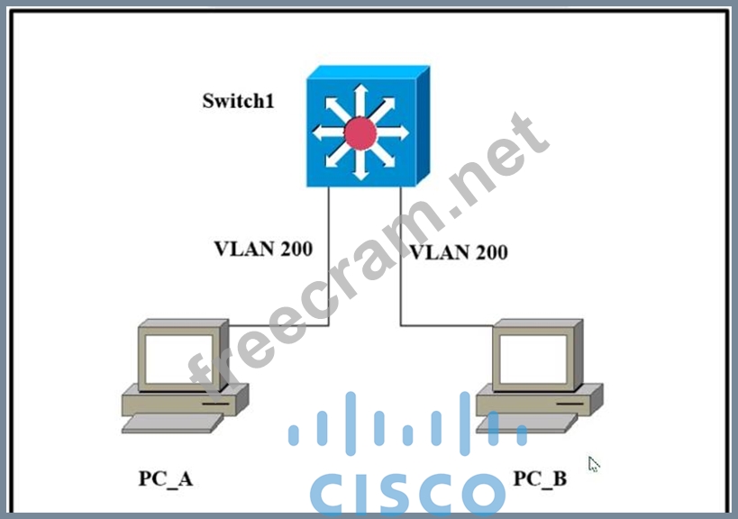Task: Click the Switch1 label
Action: click(x=238, y=100)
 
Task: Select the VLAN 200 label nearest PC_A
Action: click(x=263, y=249)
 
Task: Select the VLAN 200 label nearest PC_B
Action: click(x=459, y=251)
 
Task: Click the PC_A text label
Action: click(x=166, y=478)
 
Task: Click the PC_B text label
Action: click(x=540, y=478)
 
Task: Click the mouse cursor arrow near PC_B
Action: click(x=593, y=464)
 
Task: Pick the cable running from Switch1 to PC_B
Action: click(x=401, y=270)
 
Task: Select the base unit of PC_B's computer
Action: click(x=538, y=397)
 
